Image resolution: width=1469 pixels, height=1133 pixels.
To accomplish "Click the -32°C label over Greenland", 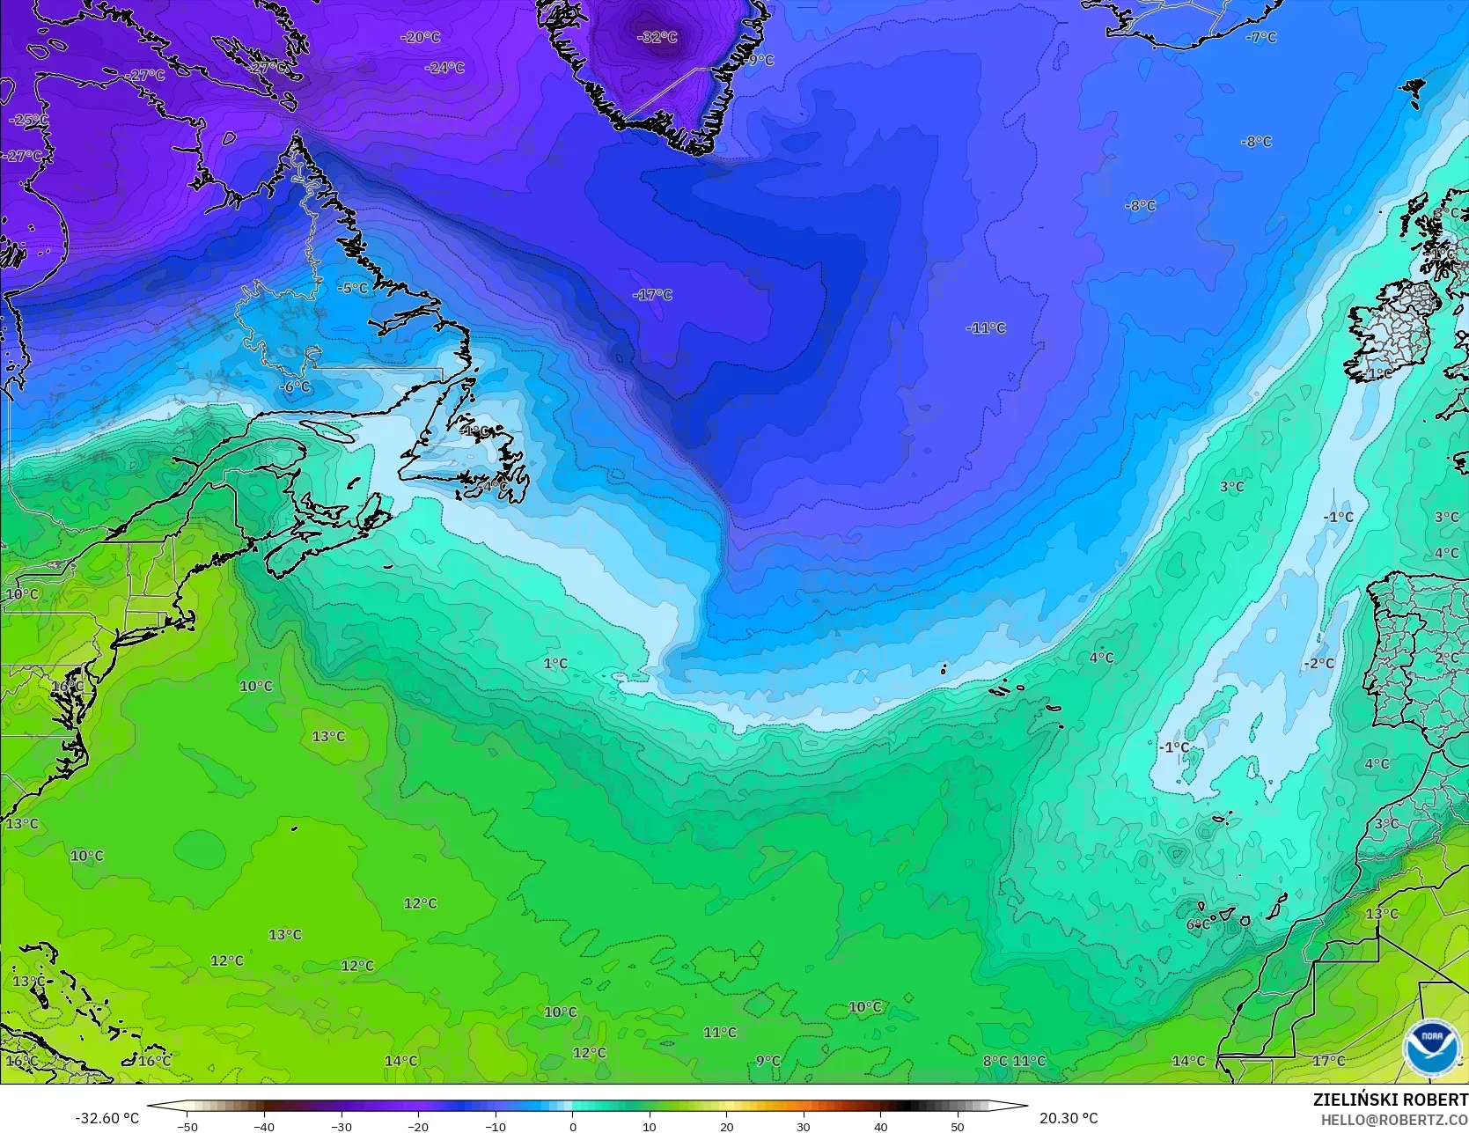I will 657,37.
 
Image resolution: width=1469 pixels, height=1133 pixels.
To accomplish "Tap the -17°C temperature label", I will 652,295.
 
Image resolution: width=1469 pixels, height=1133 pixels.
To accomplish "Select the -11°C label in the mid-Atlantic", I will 986,327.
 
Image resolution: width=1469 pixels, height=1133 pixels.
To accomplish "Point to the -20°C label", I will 420,37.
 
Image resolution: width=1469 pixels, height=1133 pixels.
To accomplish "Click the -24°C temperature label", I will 444,68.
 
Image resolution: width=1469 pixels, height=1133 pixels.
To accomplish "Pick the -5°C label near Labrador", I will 353,288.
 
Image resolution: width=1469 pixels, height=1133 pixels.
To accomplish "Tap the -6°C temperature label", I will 295,386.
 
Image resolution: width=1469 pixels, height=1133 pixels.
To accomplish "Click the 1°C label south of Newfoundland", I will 555,663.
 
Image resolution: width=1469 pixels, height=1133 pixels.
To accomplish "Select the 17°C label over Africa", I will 1328,1061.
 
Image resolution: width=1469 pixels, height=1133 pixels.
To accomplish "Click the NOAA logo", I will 1431,1048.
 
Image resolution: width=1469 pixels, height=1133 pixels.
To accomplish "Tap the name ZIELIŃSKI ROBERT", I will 1390,1100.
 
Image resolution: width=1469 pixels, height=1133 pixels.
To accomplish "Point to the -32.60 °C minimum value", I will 107,1118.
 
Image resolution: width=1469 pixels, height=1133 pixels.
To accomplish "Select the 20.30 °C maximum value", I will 1069,1118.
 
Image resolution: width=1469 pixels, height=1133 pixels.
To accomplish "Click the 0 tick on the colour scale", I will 572,1126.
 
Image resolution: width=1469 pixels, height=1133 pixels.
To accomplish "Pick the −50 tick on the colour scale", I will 187,1126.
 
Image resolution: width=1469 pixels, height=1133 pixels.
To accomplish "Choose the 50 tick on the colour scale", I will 958,1126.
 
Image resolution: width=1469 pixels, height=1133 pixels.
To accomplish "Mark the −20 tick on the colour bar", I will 418,1126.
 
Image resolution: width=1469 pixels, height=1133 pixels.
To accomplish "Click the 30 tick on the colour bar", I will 804,1126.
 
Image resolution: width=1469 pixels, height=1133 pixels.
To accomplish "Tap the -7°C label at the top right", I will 1261,37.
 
